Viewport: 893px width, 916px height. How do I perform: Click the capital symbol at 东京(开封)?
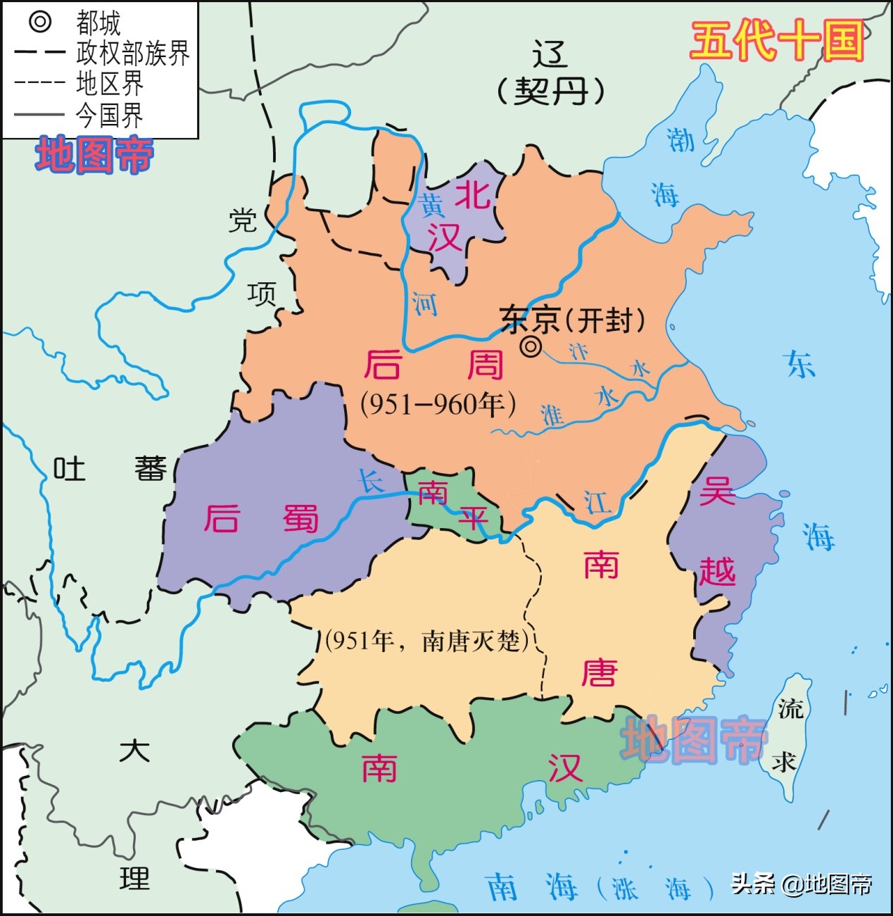point(531,346)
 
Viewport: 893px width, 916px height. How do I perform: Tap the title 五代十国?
point(777,40)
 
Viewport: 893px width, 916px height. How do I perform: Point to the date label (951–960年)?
point(438,403)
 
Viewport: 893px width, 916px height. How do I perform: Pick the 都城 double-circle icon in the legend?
point(40,22)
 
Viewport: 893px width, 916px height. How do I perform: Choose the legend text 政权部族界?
point(133,54)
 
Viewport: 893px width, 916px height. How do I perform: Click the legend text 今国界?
point(109,115)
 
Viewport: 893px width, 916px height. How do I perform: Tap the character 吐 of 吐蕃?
point(70,468)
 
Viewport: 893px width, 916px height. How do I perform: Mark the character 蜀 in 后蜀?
point(300,519)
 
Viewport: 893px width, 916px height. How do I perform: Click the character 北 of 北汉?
point(472,194)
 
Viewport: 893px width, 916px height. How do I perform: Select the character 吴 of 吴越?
point(716,491)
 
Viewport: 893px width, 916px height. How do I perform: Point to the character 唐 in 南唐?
point(600,673)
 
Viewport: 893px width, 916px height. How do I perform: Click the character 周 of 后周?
point(486,365)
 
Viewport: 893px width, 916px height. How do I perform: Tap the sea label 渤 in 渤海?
point(680,139)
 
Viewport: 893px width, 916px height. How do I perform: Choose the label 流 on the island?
point(790,708)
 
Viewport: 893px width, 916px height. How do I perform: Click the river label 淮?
point(552,415)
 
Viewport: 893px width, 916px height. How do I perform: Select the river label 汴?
point(578,351)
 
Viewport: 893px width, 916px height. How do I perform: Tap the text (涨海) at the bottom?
point(651,889)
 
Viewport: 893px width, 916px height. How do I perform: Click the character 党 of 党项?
point(243,220)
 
